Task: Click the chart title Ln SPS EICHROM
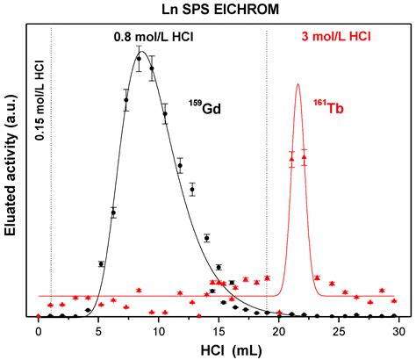click(208, 11)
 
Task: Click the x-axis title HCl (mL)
click(217, 349)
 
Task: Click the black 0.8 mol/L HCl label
click(154, 39)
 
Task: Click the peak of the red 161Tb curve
click(298, 84)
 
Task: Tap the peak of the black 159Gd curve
click(140, 53)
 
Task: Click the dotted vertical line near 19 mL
click(267, 176)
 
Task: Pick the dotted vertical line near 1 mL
click(52, 220)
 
